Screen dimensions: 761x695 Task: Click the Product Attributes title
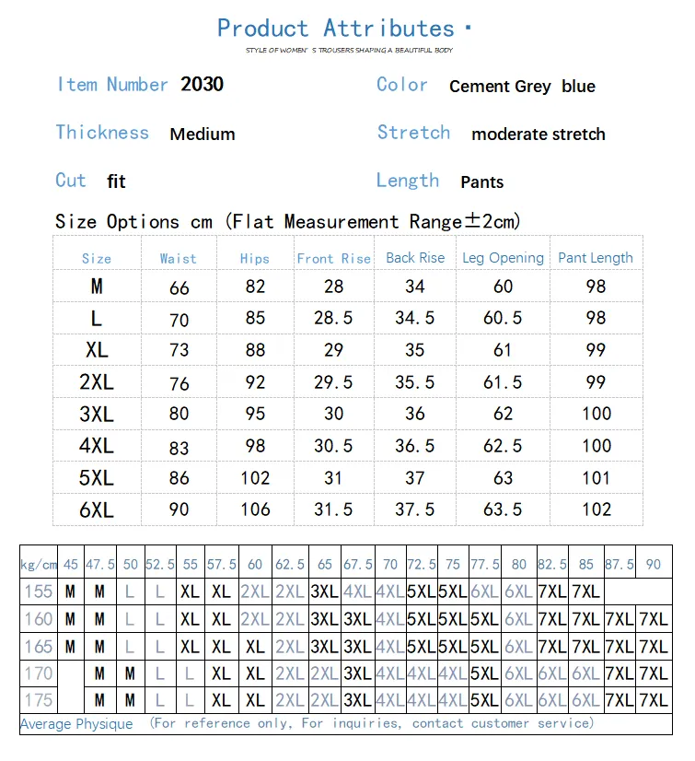336,29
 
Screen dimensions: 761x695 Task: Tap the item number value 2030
202,84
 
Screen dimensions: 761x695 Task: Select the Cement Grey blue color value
522,87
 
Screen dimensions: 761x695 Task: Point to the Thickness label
102,132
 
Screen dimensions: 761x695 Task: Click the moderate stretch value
539,135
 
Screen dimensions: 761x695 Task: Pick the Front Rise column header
333,259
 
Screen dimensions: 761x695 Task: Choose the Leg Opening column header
503,258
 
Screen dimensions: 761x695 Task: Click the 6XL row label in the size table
97,509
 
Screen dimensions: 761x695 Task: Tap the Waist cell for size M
180,287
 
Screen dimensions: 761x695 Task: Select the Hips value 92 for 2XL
255,382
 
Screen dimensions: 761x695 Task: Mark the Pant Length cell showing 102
597,509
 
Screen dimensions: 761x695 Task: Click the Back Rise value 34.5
415,318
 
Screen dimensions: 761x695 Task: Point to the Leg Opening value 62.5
503,446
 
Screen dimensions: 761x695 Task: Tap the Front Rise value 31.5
333,509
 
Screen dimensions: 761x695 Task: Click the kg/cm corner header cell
39,564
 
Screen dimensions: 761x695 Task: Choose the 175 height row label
39,701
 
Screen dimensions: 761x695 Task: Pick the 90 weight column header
654,564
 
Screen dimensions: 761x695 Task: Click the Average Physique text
76,724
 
